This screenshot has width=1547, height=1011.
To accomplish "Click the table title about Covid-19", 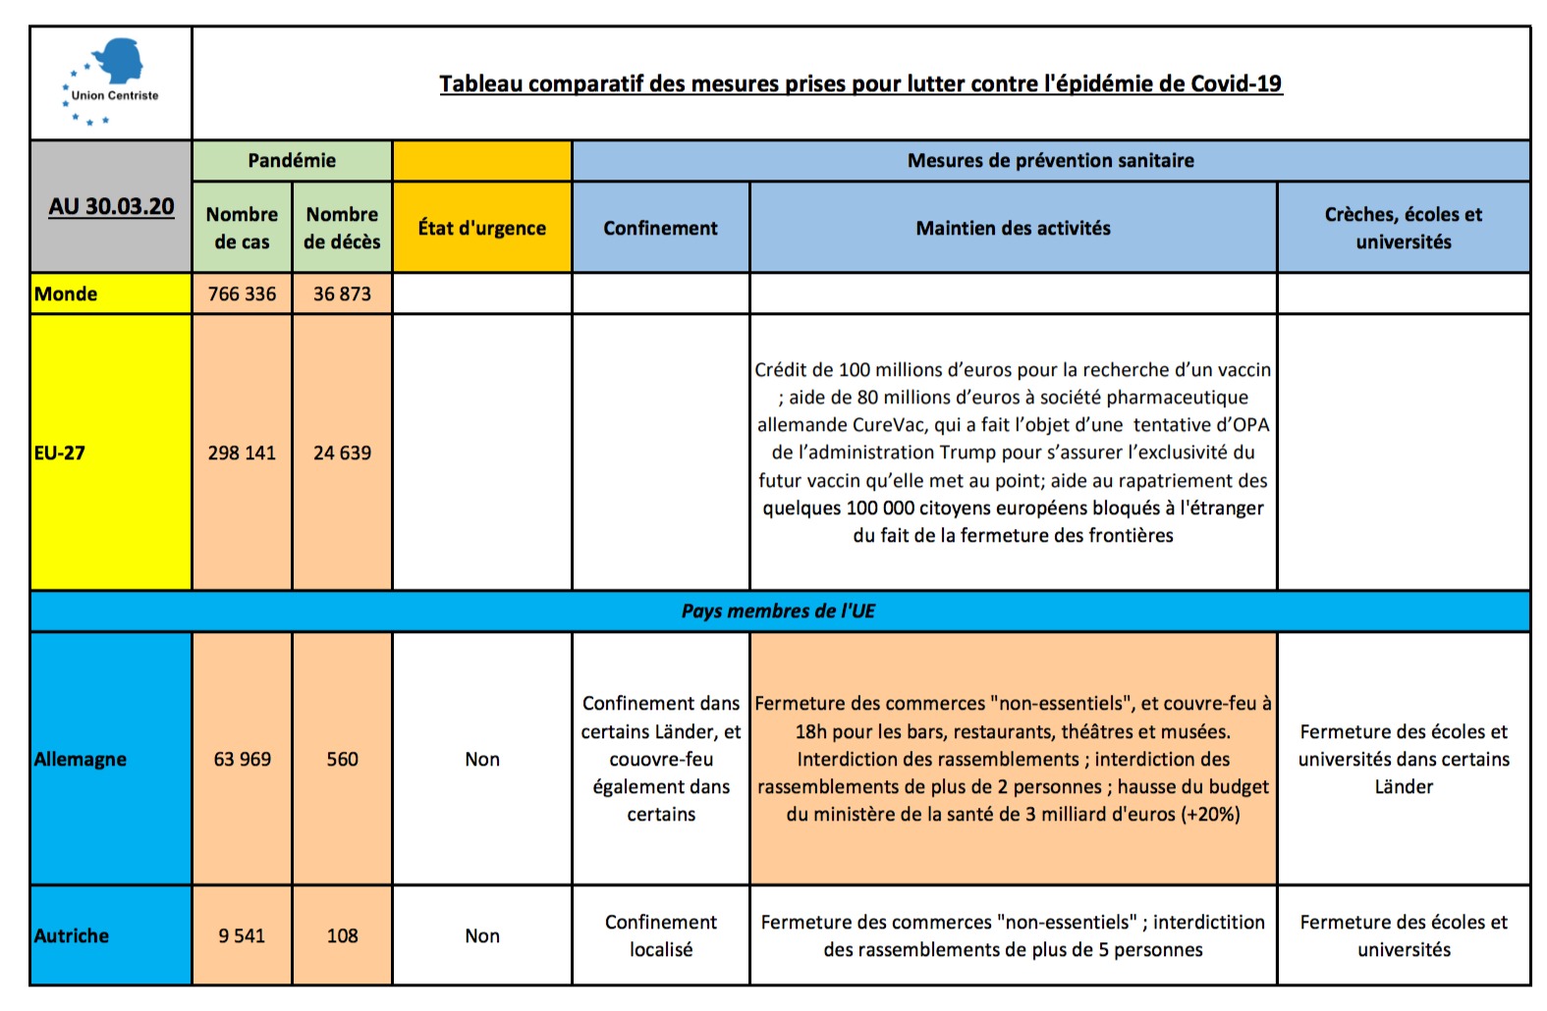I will pos(860,83).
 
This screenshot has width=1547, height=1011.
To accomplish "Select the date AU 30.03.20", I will pos(111,206).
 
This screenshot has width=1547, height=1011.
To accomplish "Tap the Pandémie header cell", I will pos(292,160).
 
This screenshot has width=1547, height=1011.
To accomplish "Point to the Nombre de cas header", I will pos(242,228).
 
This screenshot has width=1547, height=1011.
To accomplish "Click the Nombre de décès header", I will pos(342,228).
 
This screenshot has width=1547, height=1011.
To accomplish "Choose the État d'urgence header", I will pos(481,228).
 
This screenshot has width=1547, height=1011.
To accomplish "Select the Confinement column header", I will pos(660,228).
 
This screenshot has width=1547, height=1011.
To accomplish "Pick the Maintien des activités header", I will pos(1013,228).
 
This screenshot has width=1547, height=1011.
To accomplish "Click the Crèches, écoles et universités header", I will pos(1403,228).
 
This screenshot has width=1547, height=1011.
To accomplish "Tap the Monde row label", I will pos(66,293).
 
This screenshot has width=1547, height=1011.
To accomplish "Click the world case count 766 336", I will pos(242,293).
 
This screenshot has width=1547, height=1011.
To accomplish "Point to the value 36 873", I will pos(342,293).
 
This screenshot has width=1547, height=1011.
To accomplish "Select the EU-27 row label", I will pos(60,452).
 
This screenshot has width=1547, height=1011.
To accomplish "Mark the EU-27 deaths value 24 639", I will pos(342,452).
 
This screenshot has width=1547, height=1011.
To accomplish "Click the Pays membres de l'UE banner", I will pos(778,611).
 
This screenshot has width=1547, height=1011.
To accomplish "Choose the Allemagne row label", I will pos(81,759).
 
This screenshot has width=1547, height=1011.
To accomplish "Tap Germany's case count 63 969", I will pos(242,759).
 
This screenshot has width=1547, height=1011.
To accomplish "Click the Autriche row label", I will pos(72,935).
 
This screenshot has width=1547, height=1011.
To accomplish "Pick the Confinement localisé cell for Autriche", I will pos(660,935).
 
